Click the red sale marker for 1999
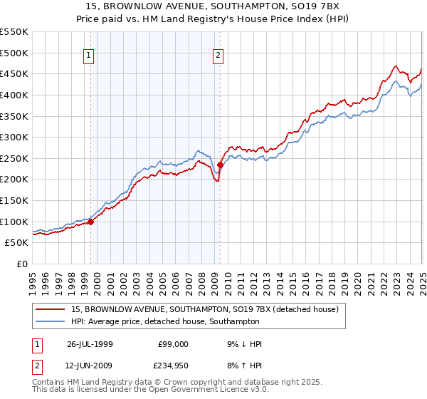[91, 222]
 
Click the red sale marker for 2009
[220, 165]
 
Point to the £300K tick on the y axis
[15, 137]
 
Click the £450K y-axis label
[15, 73]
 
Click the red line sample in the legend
[51, 309]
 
